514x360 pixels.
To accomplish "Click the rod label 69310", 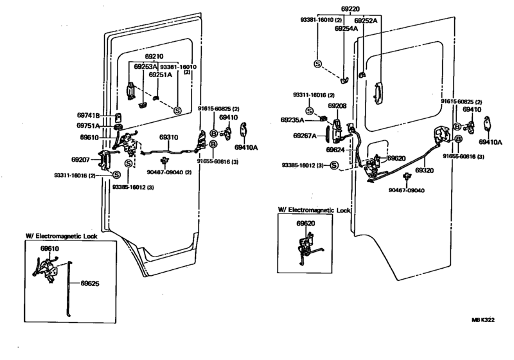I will pos(169,138).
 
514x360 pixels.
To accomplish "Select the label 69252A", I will pos(366,21).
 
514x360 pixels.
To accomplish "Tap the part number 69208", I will pos(337,106).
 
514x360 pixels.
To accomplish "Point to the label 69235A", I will pos(292,120).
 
